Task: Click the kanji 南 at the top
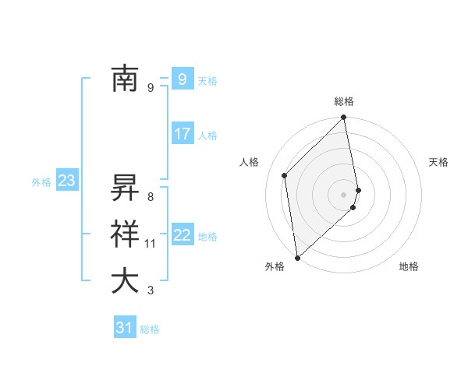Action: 125,79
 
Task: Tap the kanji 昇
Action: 125,188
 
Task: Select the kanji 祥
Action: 125,235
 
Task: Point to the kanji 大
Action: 125,281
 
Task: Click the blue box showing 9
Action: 182,79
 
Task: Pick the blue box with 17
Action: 182,134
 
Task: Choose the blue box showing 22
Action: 182,235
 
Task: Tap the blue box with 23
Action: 66,181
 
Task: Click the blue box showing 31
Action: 124,328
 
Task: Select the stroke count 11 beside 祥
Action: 151,244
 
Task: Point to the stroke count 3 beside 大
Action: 151,290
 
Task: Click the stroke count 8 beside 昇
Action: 151,197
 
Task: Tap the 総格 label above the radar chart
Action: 344,101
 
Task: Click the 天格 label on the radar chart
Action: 438,162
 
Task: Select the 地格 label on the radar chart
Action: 409,266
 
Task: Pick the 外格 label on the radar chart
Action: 275,266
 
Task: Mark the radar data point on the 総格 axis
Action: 344,118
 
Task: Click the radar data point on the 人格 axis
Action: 285,175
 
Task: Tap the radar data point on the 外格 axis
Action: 297,257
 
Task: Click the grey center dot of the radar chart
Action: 344,194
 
